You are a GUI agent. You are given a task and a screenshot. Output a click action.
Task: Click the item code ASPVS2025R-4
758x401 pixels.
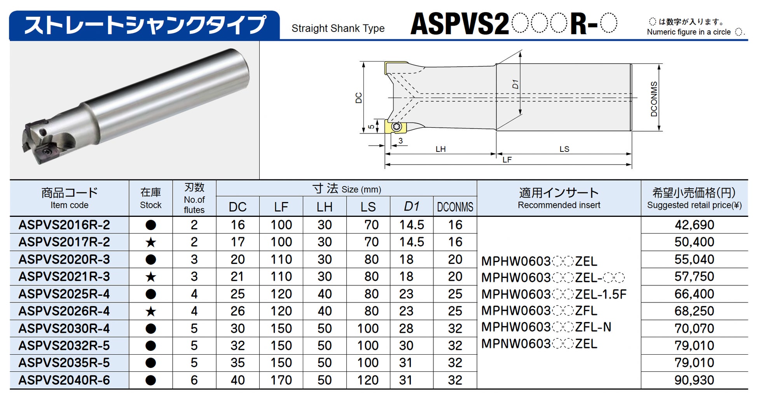(x=64, y=294)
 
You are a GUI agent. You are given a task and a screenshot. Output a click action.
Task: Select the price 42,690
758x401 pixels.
(x=694, y=225)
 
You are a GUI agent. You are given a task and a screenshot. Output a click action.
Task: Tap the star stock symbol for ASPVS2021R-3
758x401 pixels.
(x=150, y=277)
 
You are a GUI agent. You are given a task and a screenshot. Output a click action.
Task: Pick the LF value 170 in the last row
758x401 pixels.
(x=281, y=380)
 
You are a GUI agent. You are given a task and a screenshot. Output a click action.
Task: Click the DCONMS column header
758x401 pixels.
(x=455, y=207)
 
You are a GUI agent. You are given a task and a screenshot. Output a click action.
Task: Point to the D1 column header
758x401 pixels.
(x=411, y=207)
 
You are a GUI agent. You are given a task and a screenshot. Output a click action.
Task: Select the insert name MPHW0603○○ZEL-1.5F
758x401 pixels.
(x=554, y=294)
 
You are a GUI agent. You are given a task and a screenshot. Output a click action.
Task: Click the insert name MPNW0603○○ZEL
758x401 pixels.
(x=539, y=344)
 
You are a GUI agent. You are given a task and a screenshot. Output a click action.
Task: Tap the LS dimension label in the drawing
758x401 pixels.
(x=564, y=149)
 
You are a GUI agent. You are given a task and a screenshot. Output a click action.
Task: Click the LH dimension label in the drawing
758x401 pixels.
(x=440, y=149)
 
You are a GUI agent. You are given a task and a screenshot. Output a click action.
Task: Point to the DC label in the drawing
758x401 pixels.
(x=358, y=98)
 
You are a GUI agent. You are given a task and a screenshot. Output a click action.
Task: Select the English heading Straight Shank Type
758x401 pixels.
(x=338, y=28)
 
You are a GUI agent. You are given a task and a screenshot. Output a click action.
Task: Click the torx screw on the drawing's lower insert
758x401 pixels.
(x=396, y=127)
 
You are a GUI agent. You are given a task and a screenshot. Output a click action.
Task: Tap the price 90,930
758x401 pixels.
(x=694, y=380)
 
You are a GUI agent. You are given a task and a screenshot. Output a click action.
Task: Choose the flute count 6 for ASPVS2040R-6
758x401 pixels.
(x=194, y=380)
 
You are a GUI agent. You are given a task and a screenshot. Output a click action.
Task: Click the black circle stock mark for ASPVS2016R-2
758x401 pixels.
(x=150, y=225)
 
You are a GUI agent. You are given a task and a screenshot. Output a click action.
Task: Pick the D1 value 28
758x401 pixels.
(x=406, y=329)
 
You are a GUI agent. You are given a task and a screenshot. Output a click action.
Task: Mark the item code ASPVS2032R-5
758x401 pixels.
(x=64, y=346)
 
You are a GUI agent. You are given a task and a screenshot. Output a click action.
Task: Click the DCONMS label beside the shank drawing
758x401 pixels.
(x=654, y=99)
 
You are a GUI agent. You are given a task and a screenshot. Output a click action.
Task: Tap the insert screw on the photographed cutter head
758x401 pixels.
(x=47, y=151)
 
